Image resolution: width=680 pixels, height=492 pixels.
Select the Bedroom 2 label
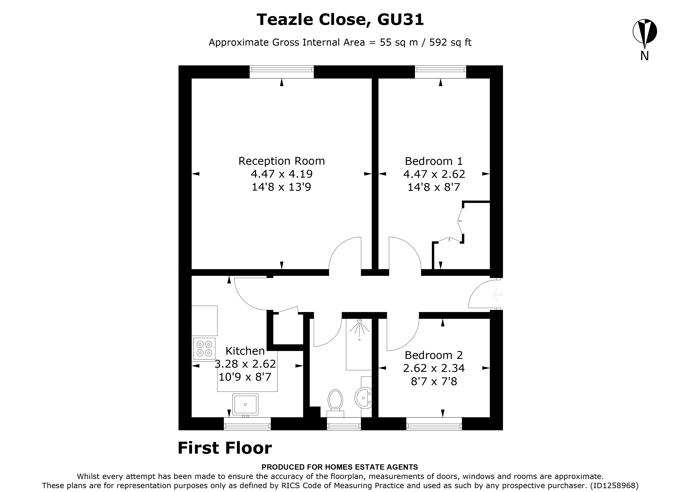coord(434,355)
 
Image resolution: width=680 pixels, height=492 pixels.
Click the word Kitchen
coord(245,351)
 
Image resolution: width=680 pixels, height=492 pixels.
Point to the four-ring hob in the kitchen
coord(204,349)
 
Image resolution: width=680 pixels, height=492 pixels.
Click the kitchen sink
coord(245,404)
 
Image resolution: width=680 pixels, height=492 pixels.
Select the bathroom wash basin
coord(363,398)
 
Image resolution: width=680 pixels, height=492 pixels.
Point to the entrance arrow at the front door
coord(496,295)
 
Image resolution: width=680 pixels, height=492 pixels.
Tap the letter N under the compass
coord(645,56)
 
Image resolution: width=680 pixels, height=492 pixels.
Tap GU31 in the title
coord(400,20)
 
